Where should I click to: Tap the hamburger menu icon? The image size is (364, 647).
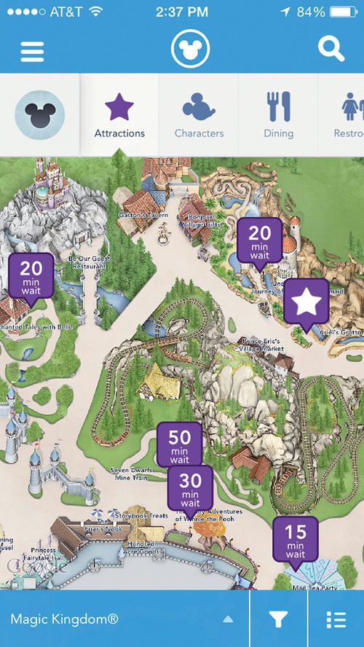click(33, 51)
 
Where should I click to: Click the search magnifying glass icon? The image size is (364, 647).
click(331, 49)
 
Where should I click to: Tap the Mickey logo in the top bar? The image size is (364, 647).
click(190, 50)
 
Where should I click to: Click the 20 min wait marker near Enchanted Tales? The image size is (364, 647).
click(31, 275)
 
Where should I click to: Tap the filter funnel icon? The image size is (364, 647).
click(278, 619)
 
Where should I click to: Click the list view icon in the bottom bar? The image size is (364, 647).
click(336, 619)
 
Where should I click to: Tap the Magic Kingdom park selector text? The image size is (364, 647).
click(64, 619)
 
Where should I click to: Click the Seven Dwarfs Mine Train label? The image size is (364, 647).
click(130, 474)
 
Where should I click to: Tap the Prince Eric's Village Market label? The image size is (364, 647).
click(263, 345)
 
